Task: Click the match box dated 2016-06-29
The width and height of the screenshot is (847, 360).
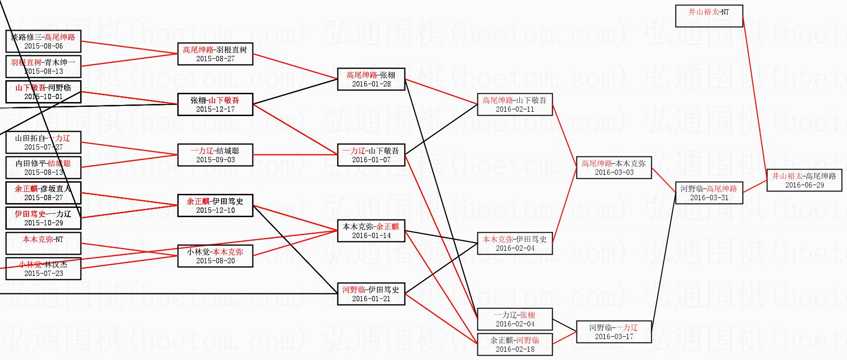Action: pyautogui.click(x=804, y=180)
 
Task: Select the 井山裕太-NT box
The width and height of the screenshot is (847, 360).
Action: pyautogui.click(x=709, y=16)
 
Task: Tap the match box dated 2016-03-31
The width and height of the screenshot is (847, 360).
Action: pyautogui.click(x=709, y=193)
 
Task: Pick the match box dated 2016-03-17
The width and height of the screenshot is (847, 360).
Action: pyautogui.click(x=613, y=332)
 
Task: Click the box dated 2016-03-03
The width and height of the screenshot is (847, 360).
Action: pyautogui.click(x=613, y=168)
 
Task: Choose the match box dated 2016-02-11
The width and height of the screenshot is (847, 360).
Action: pyautogui.click(x=515, y=104)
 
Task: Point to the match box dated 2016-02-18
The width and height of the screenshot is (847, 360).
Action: pyautogui.click(x=515, y=344)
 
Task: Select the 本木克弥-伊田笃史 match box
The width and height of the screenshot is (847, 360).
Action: pyautogui.click(x=515, y=243)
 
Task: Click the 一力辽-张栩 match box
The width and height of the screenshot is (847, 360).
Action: pyautogui.click(x=515, y=319)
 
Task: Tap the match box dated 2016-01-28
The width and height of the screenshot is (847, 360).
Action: pyautogui.click(x=371, y=79)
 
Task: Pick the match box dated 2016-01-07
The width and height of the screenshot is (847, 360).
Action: pyautogui.click(x=371, y=155)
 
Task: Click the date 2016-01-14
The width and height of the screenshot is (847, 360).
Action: pyautogui.click(x=371, y=236)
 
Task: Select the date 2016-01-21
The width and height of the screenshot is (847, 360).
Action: pyautogui.click(x=371, y=299)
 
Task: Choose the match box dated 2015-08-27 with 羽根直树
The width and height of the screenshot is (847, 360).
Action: pyautogui.click(x=215, y=54)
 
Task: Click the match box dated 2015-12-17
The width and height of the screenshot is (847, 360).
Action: pyautogui.click(x=215, y=104)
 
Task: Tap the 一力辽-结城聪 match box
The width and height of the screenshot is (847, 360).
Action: pyautogui.click(x=215, y=155)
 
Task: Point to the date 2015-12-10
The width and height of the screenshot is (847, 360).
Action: pyautogui.click(x=215, y=210)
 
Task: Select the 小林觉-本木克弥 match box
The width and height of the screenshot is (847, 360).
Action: pyautogui.click(x=215, y=256)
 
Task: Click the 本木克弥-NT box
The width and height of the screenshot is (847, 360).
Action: pyautogui.click(x=43, y=243)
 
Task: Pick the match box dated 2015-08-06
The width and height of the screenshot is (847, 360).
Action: pyautogui.click(x=43, y=41)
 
